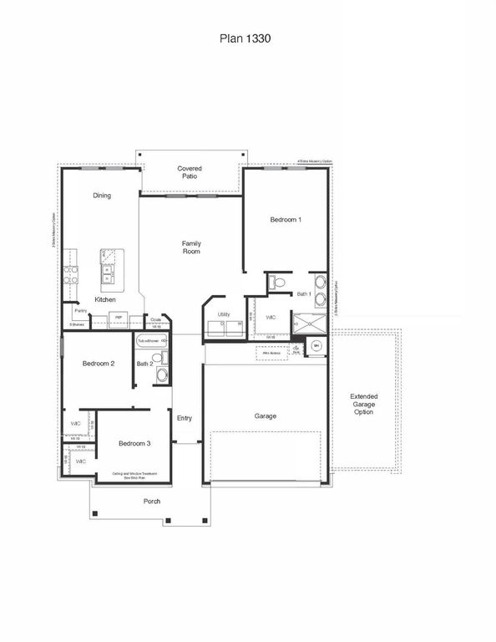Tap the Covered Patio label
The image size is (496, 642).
coord(190,173)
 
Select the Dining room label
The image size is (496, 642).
coord(102,196)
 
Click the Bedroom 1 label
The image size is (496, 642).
coord(286,220)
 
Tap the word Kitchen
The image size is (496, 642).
coord(105,299)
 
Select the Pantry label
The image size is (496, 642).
coord(80,310)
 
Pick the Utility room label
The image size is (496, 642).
coord(224,314)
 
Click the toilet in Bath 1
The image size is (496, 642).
coord(279,284)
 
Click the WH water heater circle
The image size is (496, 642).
coord(316,346)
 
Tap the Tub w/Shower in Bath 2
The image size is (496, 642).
coord(152,341)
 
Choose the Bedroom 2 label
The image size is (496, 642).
coord(99,364)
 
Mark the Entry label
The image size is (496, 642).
coord(185,418)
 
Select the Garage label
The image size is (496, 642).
coord(266,415)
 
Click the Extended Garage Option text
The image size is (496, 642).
coord(363,405)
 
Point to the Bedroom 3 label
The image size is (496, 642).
coord(134,443)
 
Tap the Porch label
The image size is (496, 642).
coord(152,502)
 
